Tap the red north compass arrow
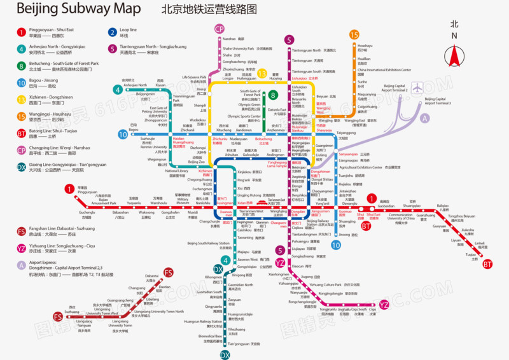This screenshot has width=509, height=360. click(x=454, y=55)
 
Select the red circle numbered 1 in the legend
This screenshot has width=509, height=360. click(x=21, y=32)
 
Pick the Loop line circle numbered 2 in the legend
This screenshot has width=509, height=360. click(x=112, y=32)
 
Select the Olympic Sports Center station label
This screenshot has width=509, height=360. click(x=244, y=116)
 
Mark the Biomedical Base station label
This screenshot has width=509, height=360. click(x=211, y=337)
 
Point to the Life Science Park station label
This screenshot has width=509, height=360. click(x=194, y=78)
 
